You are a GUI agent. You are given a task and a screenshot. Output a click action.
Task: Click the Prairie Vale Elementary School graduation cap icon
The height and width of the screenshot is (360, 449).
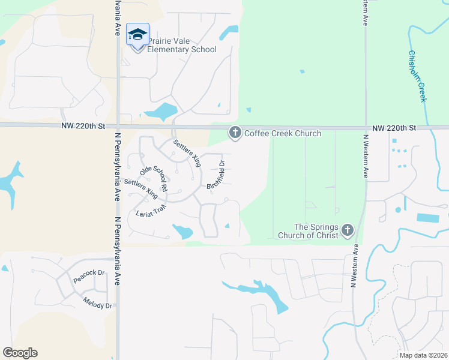137,34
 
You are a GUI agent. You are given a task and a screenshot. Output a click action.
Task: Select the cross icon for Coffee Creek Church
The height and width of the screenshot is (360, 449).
235,133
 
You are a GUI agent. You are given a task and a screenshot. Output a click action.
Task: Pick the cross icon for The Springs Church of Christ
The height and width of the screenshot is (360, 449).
348,230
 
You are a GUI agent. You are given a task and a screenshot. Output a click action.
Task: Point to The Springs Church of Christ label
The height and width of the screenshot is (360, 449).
307,231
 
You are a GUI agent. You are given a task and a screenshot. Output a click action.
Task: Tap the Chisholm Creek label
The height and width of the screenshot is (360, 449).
417,75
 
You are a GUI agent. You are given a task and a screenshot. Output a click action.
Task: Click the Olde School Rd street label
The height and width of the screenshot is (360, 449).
153,178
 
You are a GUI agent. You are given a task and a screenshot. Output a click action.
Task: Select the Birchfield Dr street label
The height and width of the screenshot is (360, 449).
216,175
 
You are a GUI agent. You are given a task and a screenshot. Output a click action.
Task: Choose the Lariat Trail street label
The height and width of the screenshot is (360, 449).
151,211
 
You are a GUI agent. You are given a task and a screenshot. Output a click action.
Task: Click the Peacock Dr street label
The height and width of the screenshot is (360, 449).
89,276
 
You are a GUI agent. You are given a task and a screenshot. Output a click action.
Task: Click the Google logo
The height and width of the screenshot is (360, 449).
20,353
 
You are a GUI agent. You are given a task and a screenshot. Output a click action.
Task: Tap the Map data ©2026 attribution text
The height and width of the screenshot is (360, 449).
423,355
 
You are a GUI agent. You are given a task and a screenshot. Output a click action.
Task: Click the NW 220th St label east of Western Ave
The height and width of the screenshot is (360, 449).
394,128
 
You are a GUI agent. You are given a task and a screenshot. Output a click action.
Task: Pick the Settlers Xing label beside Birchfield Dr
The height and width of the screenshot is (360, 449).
187,152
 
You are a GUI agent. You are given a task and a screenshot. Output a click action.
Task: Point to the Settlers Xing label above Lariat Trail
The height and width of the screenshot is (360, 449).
141,189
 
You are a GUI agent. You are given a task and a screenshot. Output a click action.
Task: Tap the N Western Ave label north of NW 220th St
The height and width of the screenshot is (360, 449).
364,13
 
